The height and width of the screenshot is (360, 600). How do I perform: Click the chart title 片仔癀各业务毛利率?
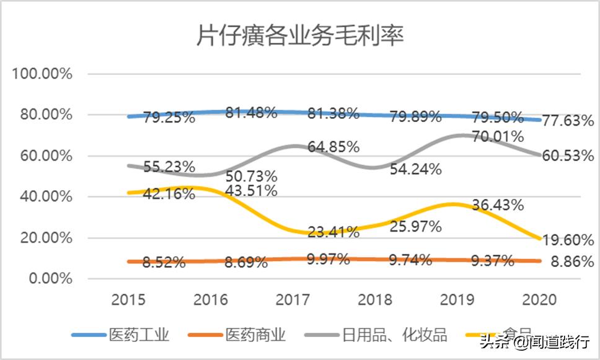(300, 37)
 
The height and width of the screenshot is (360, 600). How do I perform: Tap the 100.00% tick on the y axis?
(42, 74)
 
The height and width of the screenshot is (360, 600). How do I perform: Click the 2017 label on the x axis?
(293, 300)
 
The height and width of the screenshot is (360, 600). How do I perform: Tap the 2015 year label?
(128, 300)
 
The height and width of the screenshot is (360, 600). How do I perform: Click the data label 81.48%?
(251, 113)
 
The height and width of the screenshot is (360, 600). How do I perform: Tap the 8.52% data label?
(164, 262)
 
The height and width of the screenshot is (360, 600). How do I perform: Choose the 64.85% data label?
(333, 147)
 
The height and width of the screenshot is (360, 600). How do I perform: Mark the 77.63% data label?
(568, 121)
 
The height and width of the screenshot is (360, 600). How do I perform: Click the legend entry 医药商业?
(256, 335)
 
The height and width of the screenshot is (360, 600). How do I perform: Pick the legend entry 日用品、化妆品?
(394, 335)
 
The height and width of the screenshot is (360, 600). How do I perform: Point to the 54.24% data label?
(416, 169)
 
